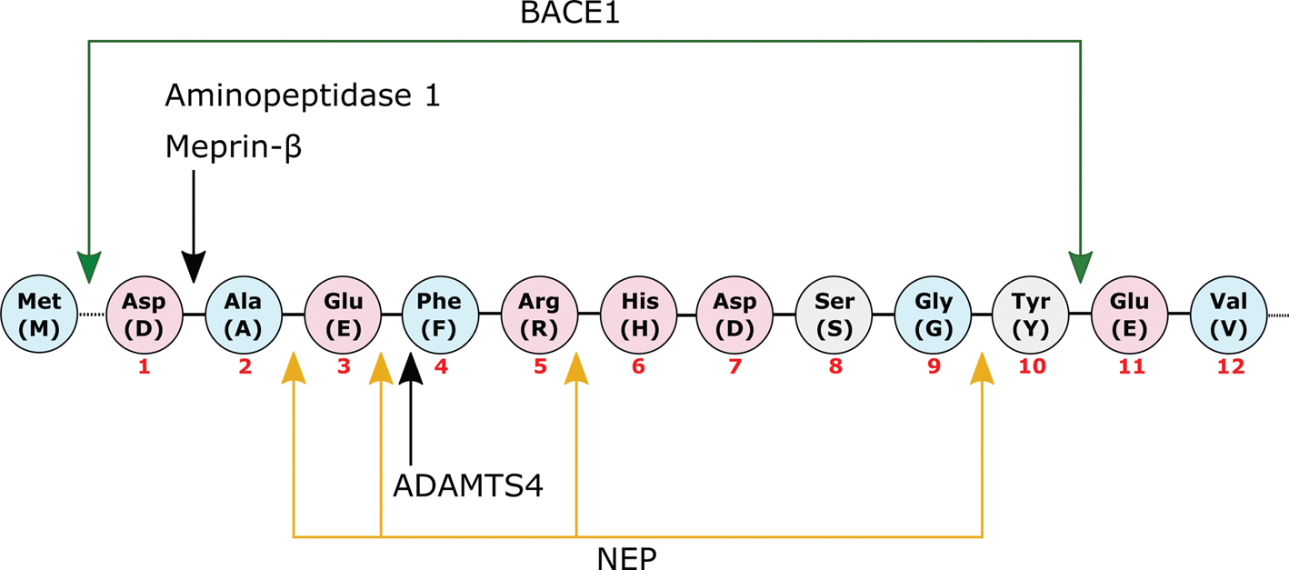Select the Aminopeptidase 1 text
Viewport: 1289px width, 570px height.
(x=303, y=95)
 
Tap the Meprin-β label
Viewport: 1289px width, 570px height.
(x=233, y=146)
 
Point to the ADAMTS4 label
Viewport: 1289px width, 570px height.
(x=467, y=485)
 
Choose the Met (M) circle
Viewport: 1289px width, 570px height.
(x=39, y=314)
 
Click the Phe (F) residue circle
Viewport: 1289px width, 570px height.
(x=440, y=314)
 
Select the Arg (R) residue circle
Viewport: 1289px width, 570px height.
(x=540, y=314)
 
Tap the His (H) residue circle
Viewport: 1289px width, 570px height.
(x=638, y=314)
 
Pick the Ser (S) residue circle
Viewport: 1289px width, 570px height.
(x=834, y=314)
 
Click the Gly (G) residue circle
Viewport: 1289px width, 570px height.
(x=934, y=314)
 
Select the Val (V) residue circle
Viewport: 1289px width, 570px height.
(x=1228, y=314)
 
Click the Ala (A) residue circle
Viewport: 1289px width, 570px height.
(x=244, y=314)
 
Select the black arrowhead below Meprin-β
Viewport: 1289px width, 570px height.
(x=194, y=267)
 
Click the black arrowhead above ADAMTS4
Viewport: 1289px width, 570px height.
(x=412, y=366)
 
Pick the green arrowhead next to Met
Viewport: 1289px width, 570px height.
(x=88, y=267)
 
